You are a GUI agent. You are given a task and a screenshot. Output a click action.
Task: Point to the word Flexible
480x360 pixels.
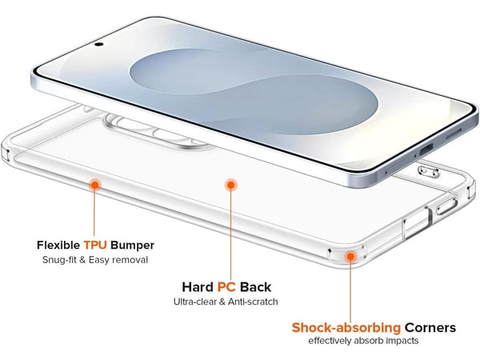[61, 245]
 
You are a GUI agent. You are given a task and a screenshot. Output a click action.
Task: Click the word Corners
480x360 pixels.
[430, 327]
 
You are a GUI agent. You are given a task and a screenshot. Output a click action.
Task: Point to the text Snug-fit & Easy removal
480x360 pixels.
[95, 260]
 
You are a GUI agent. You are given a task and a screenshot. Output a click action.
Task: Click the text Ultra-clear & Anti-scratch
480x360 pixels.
[226, 302]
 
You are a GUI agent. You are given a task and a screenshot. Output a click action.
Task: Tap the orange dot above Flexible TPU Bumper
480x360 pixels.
[94, 185]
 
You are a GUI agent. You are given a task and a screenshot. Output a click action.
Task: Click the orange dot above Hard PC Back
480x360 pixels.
[230, 185]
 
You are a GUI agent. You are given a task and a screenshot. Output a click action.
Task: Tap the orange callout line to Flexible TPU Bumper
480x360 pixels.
[94, 212]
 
